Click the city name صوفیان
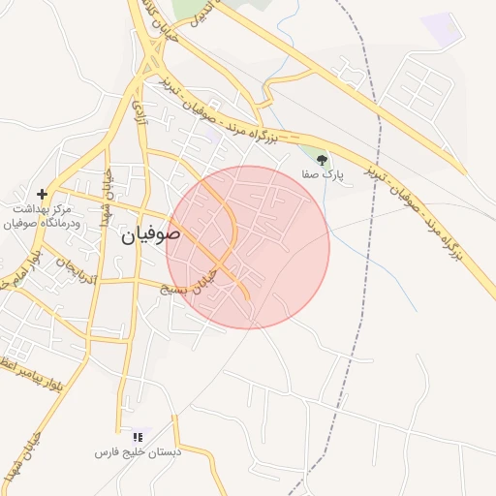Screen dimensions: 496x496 pos(151,233)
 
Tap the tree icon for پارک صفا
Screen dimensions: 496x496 pos(323,160)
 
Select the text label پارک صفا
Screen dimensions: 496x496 pos(330,175)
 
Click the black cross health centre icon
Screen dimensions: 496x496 pos(42,194)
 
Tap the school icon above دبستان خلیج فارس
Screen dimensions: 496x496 pos(137,437)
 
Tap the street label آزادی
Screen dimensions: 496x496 pos(137,102)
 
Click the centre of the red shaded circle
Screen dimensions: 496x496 pos(248,247)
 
